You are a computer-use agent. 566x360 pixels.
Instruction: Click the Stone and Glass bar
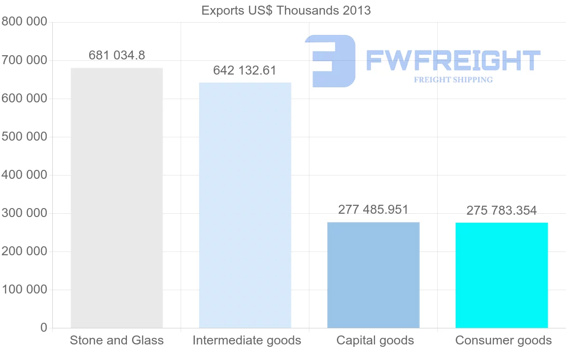pos(117,198)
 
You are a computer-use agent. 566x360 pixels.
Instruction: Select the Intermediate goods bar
pos(245,205)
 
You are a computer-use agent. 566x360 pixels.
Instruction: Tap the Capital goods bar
pos(373,275)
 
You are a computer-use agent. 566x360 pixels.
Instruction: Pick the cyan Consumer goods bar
pos(501,275)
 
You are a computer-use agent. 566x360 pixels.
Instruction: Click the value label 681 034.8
pos(117,55)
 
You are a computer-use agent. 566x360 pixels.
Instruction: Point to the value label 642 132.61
pos(245,70)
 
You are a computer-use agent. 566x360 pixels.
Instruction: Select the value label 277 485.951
pos(373,209)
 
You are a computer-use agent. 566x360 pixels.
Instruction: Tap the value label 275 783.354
pos(501,210)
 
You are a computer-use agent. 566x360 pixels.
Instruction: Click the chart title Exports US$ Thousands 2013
pos(286,10)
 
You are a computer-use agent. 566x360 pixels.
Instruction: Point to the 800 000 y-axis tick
pos(25,22)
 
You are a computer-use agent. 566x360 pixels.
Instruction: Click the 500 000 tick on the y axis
pos(25,137)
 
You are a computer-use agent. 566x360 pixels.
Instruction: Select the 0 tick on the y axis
pos(43,327)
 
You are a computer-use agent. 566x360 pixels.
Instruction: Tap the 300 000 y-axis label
pos(25,213)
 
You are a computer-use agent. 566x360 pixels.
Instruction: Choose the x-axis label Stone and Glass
pos(117,340)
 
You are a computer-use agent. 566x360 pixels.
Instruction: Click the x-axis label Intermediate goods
pos(247,340)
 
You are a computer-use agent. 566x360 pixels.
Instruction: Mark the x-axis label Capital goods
pos(375,340)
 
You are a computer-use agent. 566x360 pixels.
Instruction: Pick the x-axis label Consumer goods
pos(503,340)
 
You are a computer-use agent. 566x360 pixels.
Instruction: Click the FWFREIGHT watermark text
pos(453,61)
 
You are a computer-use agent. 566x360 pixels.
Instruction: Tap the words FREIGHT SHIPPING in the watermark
pos(453,80)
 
